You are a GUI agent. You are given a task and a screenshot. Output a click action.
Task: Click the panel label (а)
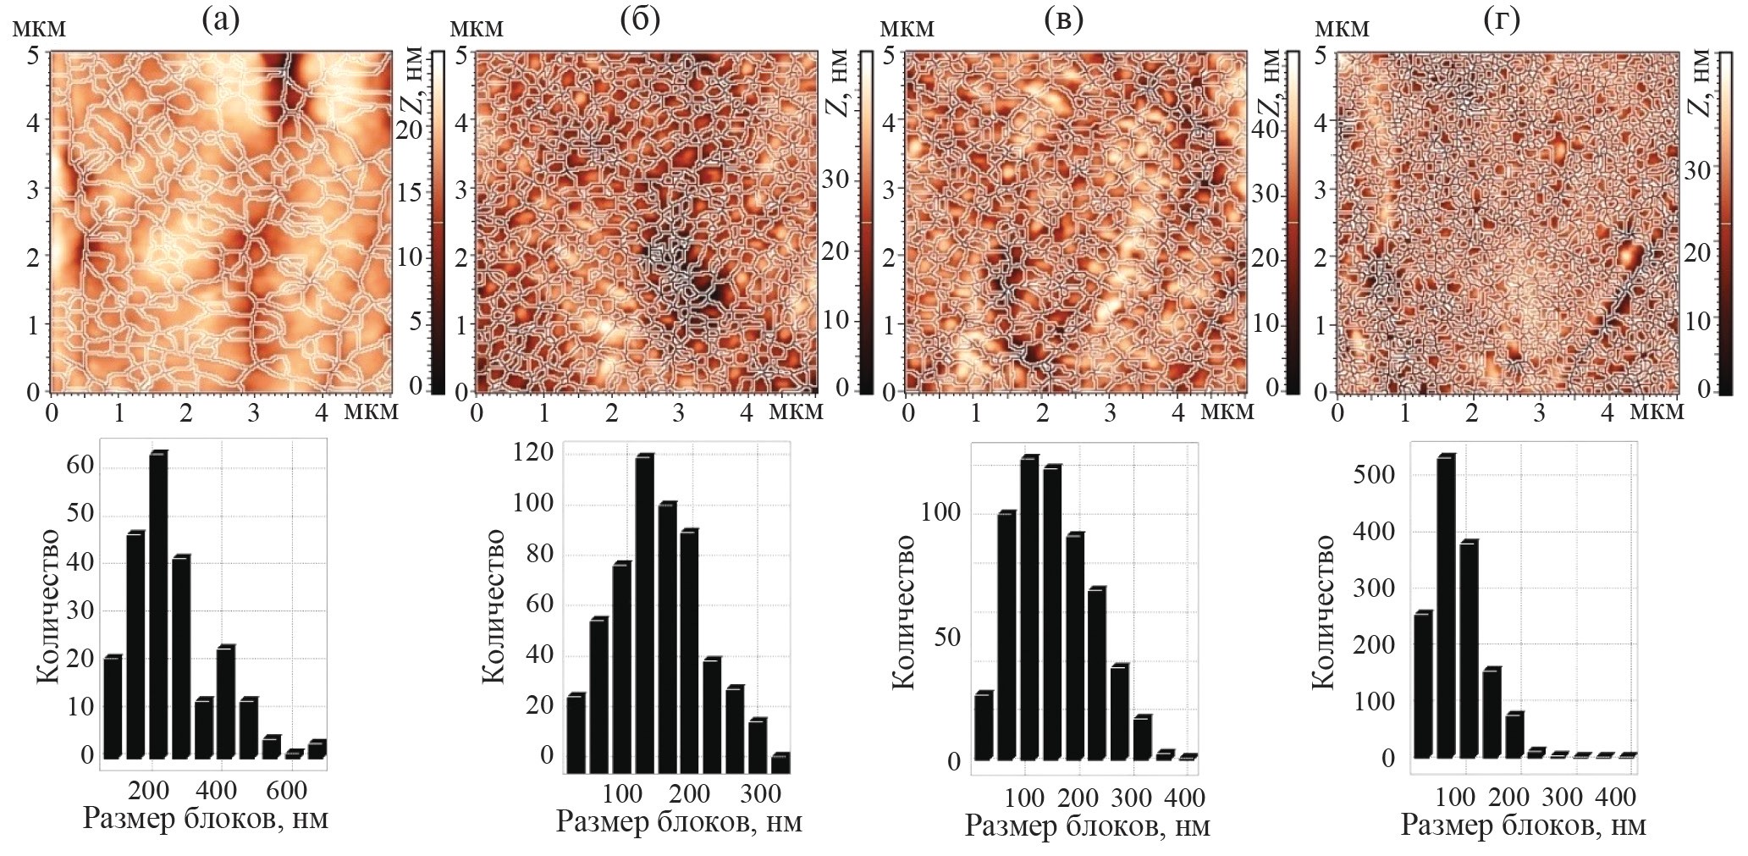[x=221, y=19]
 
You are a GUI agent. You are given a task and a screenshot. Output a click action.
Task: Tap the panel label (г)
[x=1502, y=19]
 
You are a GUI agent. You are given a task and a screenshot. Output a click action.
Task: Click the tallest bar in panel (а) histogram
[x=157, y=605]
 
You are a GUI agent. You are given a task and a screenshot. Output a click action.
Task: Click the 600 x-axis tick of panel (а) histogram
[x=286, y=791]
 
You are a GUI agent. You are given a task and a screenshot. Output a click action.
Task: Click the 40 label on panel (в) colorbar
[x=1265, y=128]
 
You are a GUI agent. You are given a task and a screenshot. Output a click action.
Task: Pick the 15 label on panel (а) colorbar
[x=409, y=192]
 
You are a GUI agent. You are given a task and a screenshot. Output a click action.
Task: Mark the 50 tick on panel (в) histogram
[x=946, y=637]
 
